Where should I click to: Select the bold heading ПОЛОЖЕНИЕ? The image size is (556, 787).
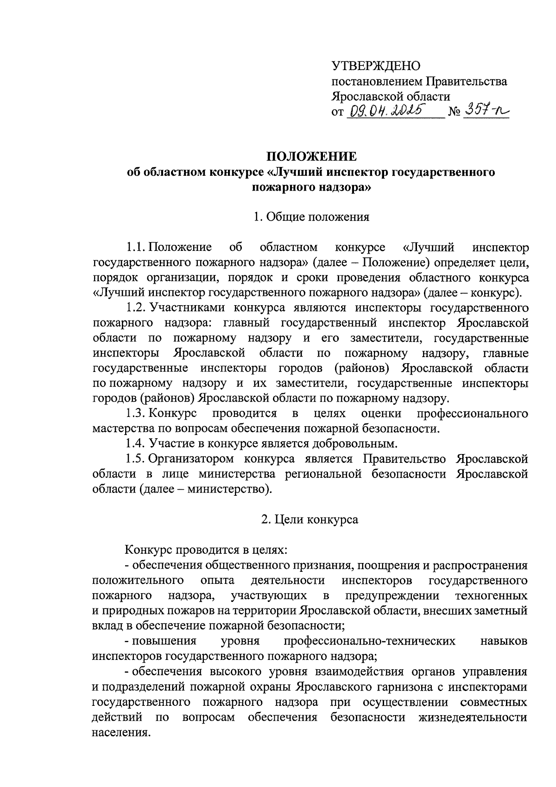pos(310,156)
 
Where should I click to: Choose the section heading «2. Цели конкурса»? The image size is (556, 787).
pos(310,519)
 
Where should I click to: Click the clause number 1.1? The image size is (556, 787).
pos(135,247)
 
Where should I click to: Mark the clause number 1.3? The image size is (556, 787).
pos(135,413)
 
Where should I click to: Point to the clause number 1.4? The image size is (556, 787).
pos(135,444)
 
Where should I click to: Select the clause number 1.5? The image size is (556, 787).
pos(135,459)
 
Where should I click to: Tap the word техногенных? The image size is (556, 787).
pos(491,595)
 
